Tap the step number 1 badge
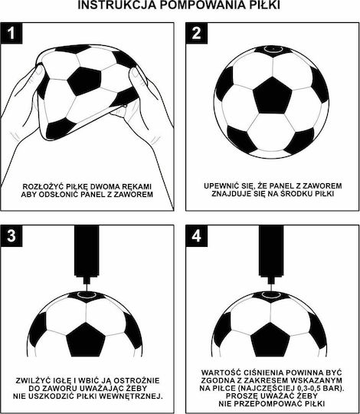(x=11, y=33)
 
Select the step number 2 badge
(x=197, y=33)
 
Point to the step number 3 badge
(x=11, y=236)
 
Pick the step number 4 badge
(x=197, y=236)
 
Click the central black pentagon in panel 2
(x=273, y=96)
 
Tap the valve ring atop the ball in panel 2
(x=273, y=49)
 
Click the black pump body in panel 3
(x=87, y=251)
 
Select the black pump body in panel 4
(x=271, y=251)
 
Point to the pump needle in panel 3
(x=87, y=287)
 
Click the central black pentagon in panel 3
(x=86, y=340)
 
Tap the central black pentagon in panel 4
(x=270, y=340)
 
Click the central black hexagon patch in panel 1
(x=84, y=81)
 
